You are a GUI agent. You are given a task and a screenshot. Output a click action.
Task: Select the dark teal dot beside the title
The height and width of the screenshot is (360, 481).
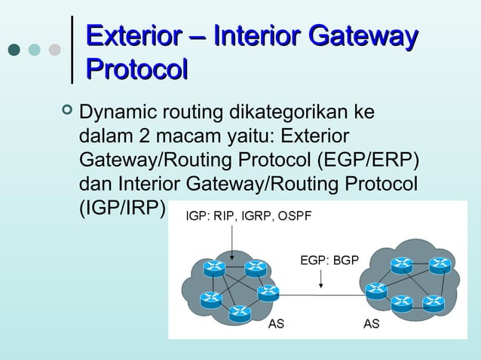tap(14, 50)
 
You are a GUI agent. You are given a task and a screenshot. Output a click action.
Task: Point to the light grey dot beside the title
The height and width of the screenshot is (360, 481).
tap(54, 50)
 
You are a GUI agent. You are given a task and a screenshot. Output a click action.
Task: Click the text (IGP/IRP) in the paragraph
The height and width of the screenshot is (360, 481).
tap(121, 207)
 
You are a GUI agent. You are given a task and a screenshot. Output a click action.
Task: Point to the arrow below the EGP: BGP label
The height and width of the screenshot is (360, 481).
tap(322, 279)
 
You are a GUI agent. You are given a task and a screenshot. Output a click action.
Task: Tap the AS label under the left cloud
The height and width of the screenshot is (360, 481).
tap(277, 325)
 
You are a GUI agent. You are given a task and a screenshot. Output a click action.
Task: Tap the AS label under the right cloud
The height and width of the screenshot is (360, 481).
tap(371, 325)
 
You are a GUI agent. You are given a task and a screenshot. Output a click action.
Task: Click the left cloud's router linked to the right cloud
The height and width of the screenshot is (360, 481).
tap(267, 294)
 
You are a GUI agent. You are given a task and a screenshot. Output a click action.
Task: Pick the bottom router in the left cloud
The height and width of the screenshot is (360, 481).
tap(240, 311)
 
